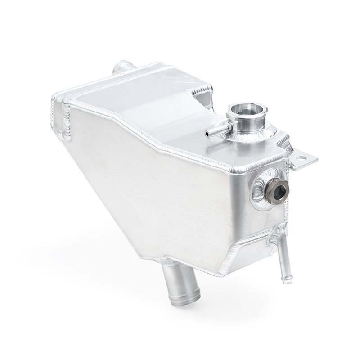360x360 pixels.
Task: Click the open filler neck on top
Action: click(245, 111)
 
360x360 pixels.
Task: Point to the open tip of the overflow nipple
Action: click(208, 133)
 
